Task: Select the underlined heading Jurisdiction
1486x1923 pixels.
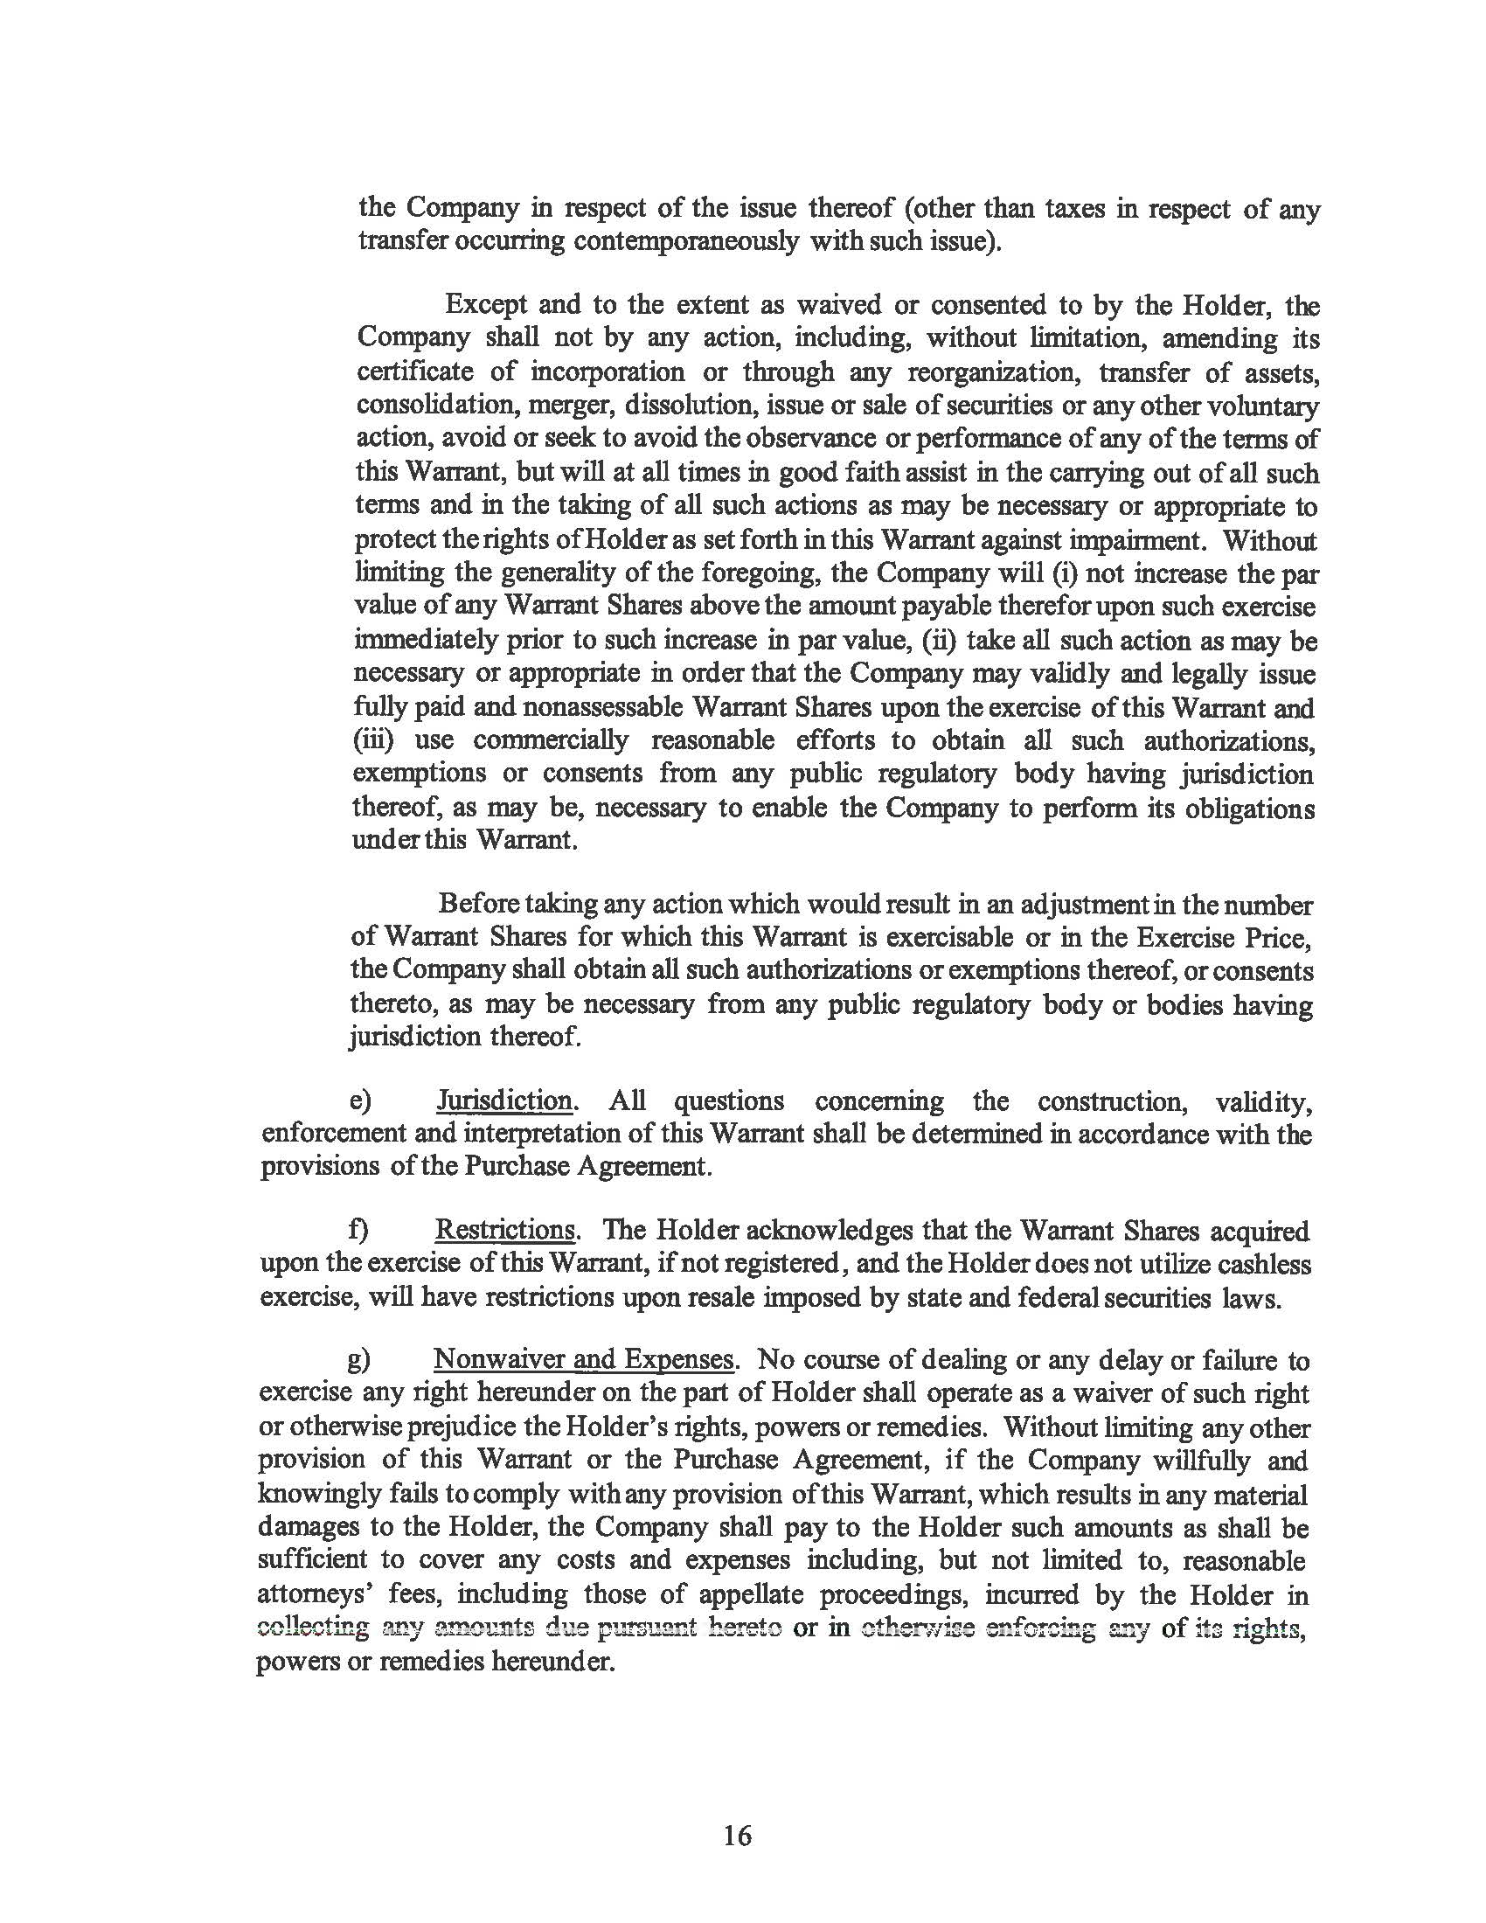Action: pyautogui.click(x=504, y=1100)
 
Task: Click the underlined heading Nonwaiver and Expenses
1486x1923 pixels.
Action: pyautogui.click(x=584, y=1359)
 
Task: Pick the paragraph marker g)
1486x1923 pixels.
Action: pyautogui.click(x=358, y=1360)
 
